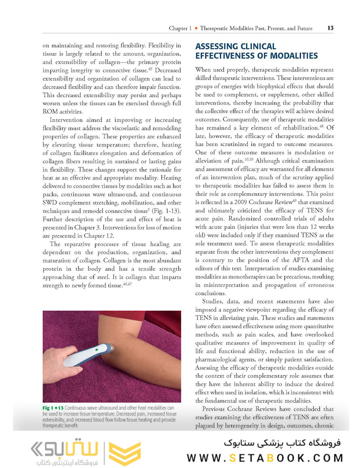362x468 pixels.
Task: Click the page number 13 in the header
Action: (330, 28)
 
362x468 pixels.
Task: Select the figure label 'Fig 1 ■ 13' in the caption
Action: (53, 408)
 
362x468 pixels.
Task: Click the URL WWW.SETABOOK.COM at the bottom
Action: (265, 458)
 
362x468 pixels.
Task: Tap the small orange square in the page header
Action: (196, 29)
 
